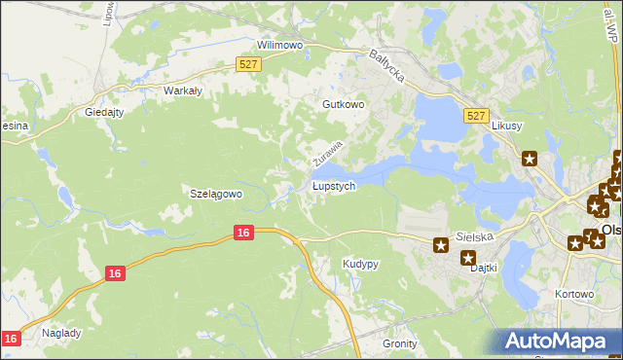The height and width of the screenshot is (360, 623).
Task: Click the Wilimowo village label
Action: tap(279, 45)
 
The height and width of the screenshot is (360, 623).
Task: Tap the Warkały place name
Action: tap(181, 90)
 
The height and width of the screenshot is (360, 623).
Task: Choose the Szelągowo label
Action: tap(214, 194)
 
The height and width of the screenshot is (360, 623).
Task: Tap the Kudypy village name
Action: tap(360, 264)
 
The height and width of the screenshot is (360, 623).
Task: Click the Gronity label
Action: tap(399, 343)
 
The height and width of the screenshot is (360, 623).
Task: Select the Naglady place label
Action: tap(61, 332)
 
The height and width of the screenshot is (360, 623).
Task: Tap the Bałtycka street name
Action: tap(386, 66)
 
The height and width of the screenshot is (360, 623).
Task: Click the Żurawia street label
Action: tap(328, 151)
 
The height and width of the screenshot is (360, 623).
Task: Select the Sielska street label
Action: tap(477, 236)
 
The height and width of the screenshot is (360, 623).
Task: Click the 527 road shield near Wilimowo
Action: tap(248, 64)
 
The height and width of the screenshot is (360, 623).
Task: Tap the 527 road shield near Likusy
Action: tap(475, 115)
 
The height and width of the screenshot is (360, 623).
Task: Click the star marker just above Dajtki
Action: tap(467, 258)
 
